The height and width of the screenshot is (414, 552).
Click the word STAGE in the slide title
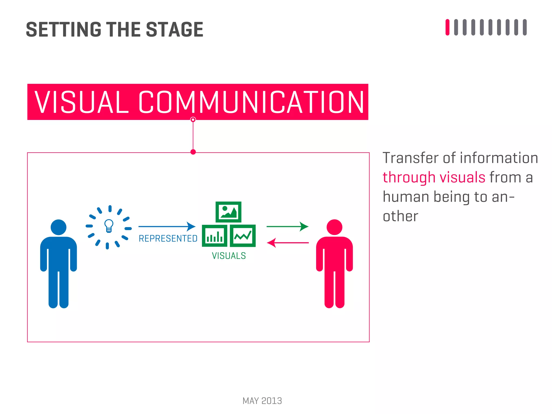point(174,30)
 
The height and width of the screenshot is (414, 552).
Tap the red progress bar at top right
point(447,27)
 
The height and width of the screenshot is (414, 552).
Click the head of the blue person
point(58,227)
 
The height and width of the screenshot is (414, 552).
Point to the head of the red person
point(334,227)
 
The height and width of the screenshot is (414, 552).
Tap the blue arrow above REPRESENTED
point(167,226)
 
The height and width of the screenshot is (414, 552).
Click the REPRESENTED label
point(168,239)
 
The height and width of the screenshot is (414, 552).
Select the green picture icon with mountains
point(228,212)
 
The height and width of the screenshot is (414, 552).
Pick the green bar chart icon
point(215,236)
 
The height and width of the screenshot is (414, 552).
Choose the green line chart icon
point(243,236)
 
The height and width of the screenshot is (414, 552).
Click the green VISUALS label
point(229,256)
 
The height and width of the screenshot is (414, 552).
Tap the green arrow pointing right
point(287,226)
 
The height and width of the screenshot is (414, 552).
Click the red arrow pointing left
point(288,243)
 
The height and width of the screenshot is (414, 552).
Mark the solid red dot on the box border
point(193,152)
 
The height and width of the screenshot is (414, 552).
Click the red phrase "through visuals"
point(434,178)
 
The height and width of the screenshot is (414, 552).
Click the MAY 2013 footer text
point(262,401)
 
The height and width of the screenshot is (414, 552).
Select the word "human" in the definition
point(406,197)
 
